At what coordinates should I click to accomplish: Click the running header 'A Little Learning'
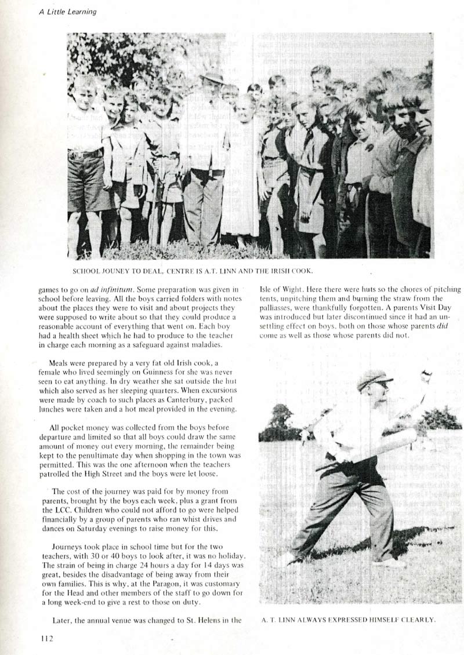click(68, 12)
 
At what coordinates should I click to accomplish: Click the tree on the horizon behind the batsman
click(281, 416)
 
